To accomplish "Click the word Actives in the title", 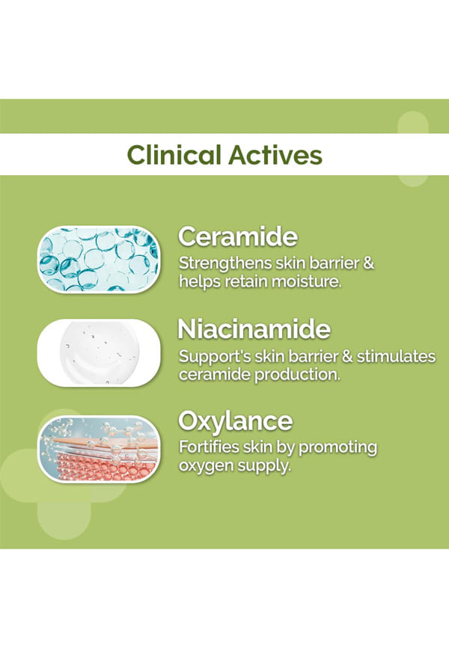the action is pos(275,155).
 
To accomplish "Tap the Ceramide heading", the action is pos(238,236).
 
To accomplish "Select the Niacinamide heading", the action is pos(254,329).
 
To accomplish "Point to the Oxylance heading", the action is pos(235,422).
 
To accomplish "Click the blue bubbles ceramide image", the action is pos(98,259).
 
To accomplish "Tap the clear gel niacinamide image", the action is pos(98,352).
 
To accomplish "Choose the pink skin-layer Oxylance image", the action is pos(98,449).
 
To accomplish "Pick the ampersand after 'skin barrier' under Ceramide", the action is pos(368,263).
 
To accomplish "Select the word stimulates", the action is pos(396,356).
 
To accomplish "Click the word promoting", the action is pos(337,448).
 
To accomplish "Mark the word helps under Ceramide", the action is pos(200,283).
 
